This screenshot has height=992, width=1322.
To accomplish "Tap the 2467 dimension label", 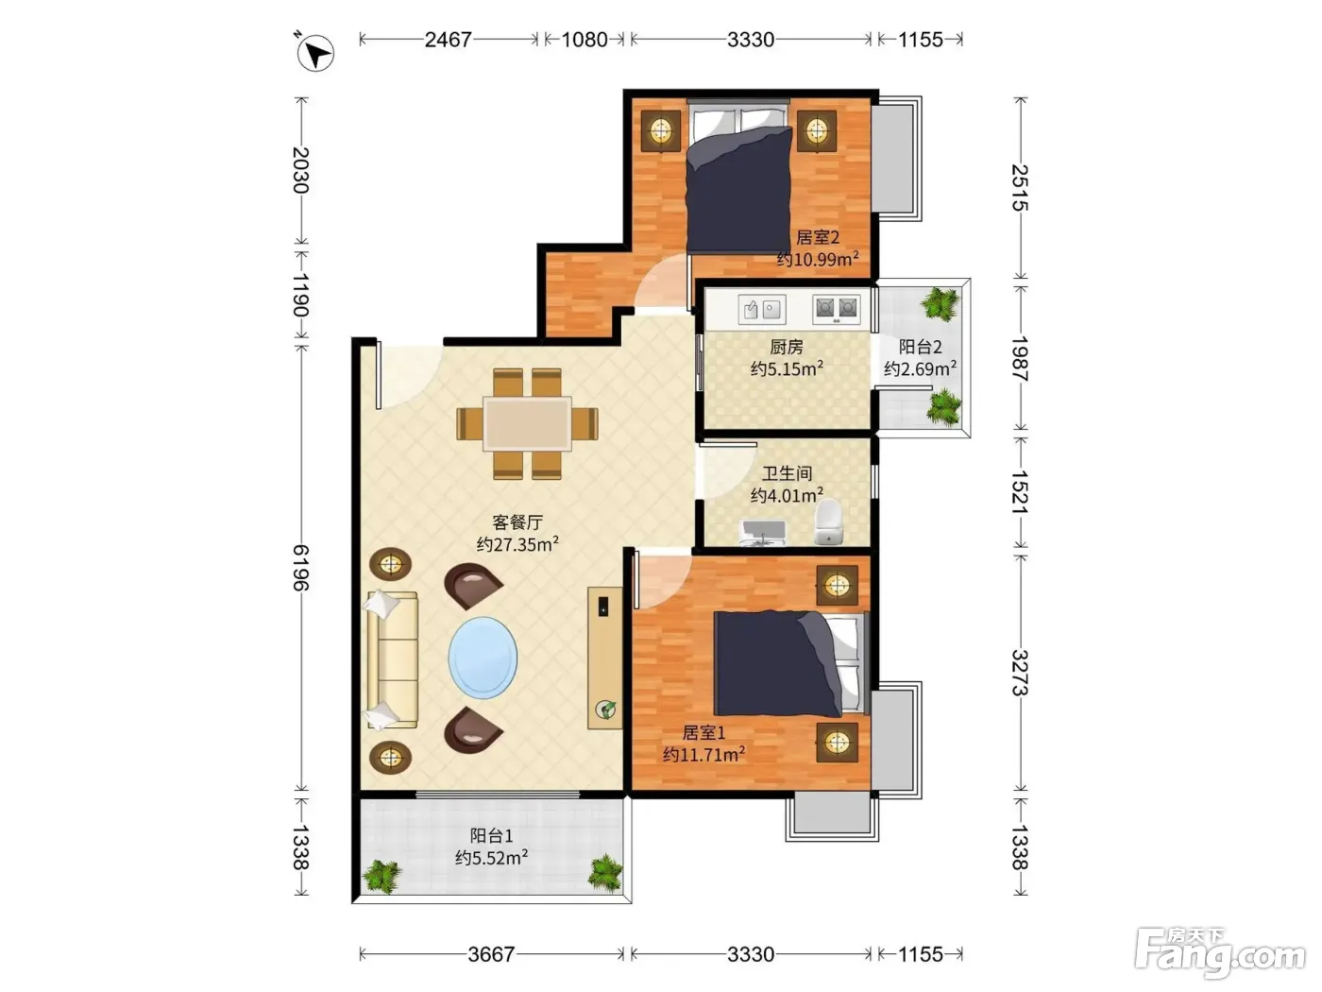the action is click(x=448, y=40).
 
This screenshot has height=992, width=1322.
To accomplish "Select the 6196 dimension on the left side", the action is click(x=301, y=568).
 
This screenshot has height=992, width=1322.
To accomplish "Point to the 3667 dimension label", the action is click(x=491, y=954).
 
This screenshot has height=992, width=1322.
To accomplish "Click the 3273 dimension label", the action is click(x=1019, y=672).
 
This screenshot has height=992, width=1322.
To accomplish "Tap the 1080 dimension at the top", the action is click(x=585, y=40).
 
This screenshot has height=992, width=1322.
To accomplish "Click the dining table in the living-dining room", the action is click(x=527, y=423).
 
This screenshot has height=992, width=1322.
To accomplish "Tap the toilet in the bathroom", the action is click(x=829, y=522).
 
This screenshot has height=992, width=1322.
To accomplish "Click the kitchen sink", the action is click(x=762, y=310).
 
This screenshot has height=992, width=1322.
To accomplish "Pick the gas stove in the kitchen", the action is click(x=836, y=309).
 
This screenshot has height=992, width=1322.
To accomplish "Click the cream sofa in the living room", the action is click(x=392, y=658).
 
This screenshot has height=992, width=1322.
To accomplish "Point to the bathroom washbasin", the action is click(x=762, y=533).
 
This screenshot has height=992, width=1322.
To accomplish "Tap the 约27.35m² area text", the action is click(x=517, y=544).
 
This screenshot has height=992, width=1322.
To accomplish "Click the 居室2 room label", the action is click(x=818, y=237).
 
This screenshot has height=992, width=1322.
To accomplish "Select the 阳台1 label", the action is click(x=491, y=835).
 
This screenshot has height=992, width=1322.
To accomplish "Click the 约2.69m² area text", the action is click(x=921, y=368).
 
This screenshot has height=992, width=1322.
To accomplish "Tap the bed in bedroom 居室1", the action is click(x=791, y=664).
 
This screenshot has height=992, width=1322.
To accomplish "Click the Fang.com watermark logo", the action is click(x=1220, y=953).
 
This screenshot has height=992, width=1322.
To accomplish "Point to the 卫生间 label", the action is click(x=787, y=473).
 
